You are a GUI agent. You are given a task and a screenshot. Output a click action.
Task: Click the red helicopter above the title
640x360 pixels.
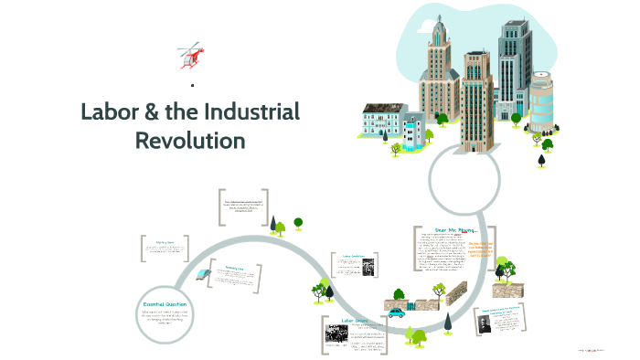pos(190,54)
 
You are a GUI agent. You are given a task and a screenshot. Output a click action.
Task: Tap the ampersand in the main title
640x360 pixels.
pos(154,113)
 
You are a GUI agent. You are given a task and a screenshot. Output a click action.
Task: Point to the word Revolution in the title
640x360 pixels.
pos(190,141)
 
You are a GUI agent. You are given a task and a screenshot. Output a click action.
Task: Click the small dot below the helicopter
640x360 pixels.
pos(192,86)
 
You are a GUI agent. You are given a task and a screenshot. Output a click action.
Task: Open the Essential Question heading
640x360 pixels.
pos(165,303)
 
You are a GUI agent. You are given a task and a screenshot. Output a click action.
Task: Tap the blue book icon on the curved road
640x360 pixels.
pos(202,274)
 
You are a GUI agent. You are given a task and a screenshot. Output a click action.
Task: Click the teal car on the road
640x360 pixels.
pos(396,312)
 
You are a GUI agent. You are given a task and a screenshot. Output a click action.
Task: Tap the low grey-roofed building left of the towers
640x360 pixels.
pos(384,121)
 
